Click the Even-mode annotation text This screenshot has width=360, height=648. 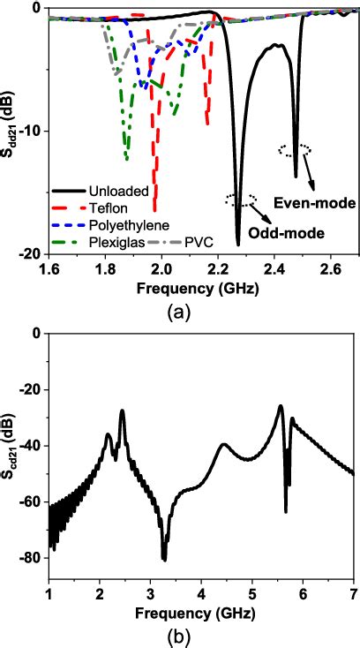[x=313, y=203]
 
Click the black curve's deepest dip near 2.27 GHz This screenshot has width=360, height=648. [x=238, y=244]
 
